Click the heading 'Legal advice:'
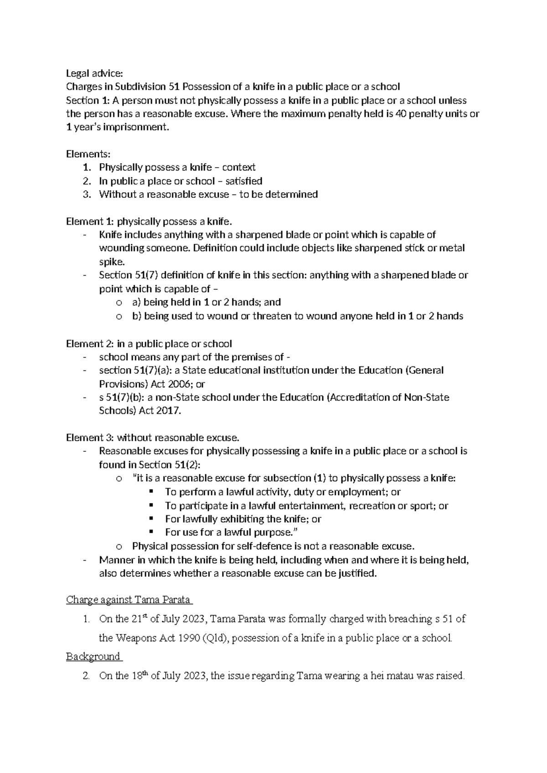pos(94,73)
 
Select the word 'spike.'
pos(111,262)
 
